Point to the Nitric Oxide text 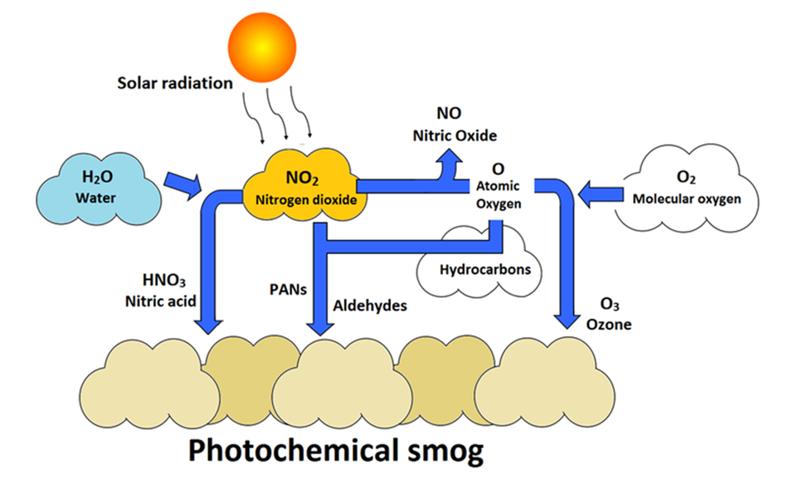point(456,134)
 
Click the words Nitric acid point(159,301)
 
